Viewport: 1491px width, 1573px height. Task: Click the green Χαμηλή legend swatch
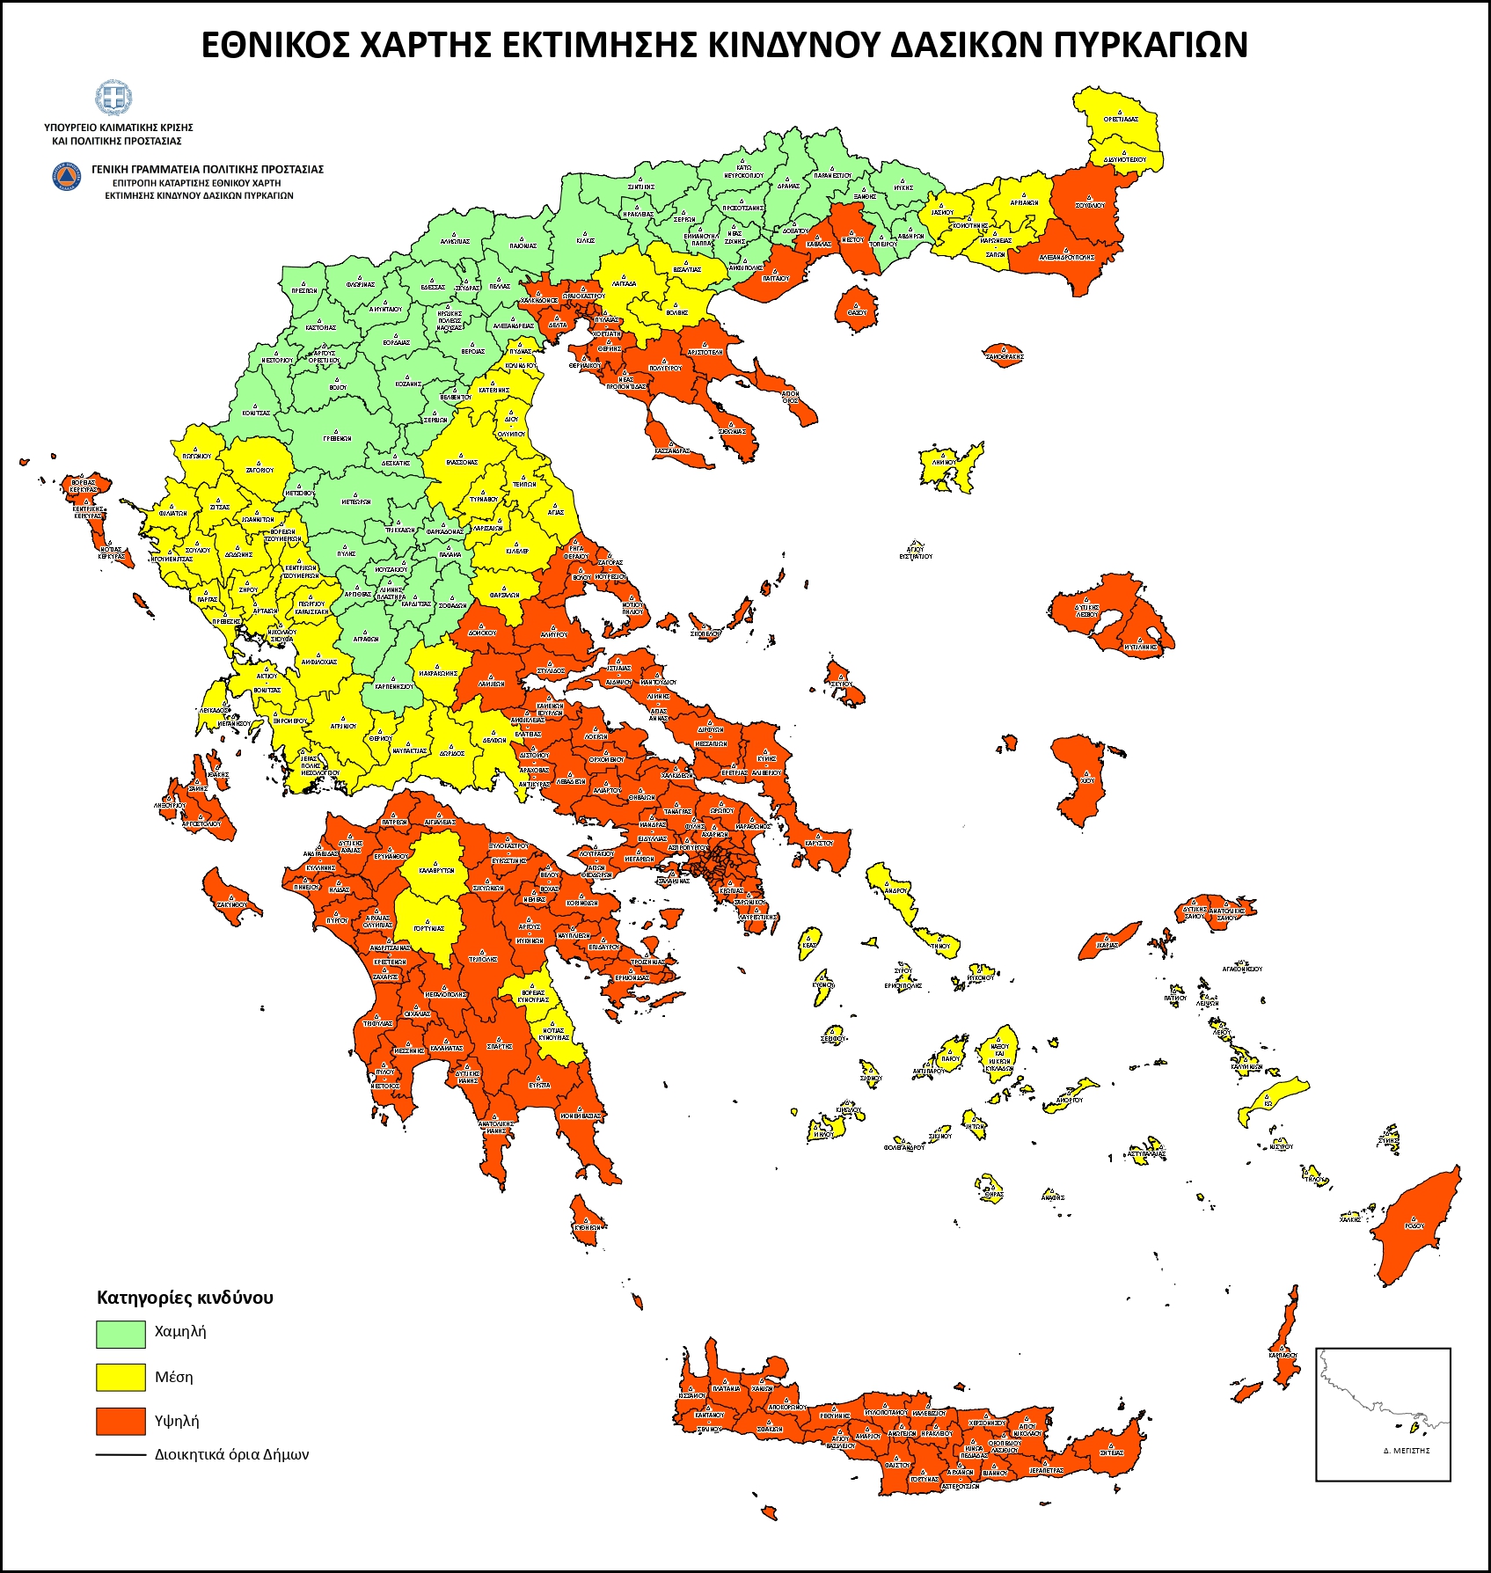(x=121, y=1333)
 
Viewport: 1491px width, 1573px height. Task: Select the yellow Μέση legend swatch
(x=121, y=1377)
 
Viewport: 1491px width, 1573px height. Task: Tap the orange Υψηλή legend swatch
(x=121, y=1421)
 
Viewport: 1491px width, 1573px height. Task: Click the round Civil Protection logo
(x=67, y=176)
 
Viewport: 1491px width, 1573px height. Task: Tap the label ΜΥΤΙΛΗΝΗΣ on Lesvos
(x=1142, y=647)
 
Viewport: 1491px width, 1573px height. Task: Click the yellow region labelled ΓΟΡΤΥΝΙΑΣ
(x=429, y=924)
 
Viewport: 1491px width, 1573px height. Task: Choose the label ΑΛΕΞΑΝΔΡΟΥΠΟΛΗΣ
(x=1066, y=258)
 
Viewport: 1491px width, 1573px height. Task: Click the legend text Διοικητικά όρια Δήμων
(x=231, y=1454)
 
